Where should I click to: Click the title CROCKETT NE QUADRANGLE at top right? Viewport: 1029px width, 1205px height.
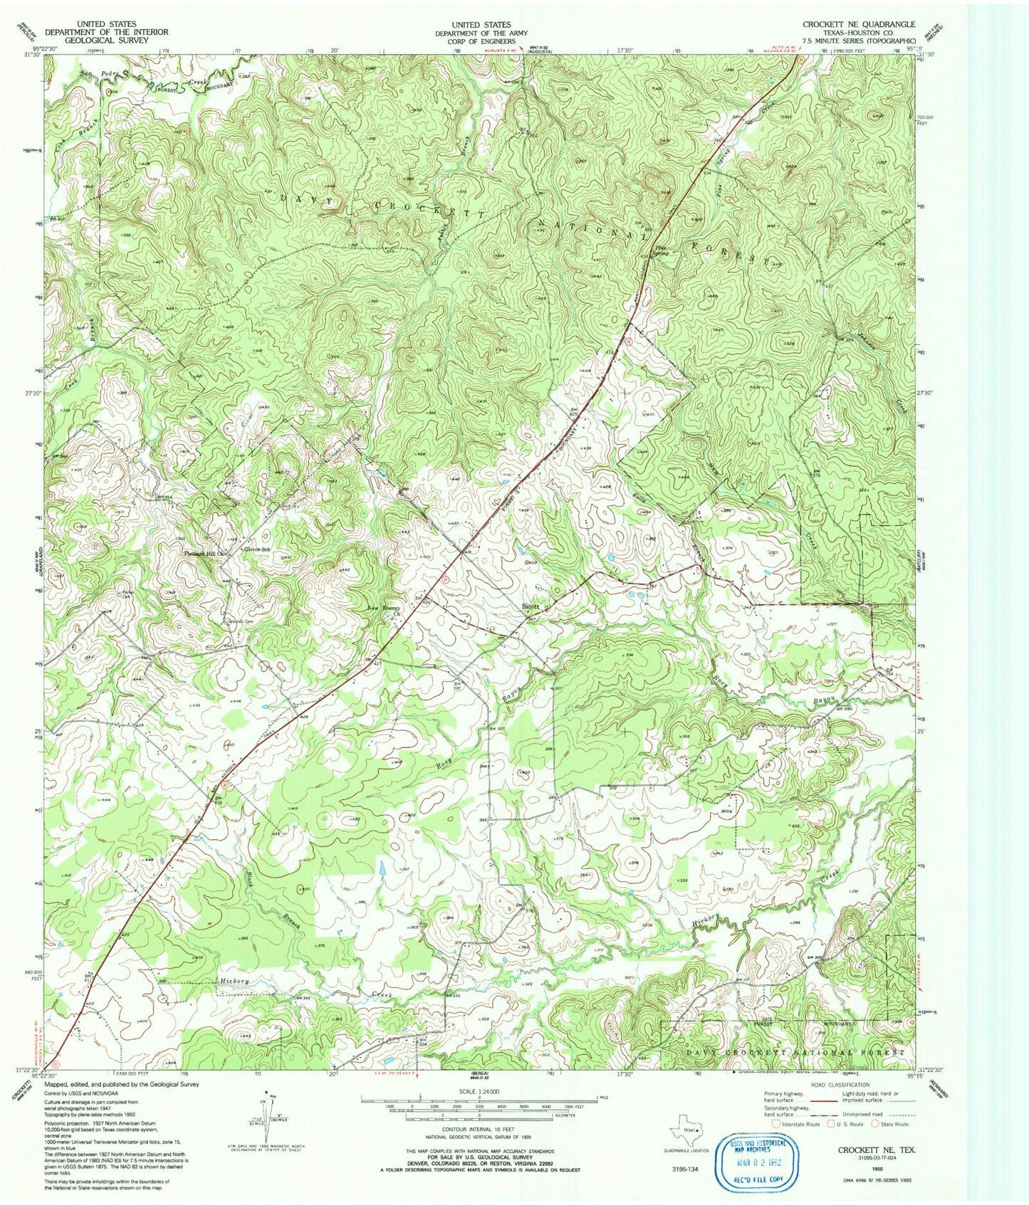coord(859,24)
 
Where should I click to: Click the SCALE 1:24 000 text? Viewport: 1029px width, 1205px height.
coord(479,1092)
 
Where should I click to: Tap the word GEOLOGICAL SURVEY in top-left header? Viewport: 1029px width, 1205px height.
coord(106,40)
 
